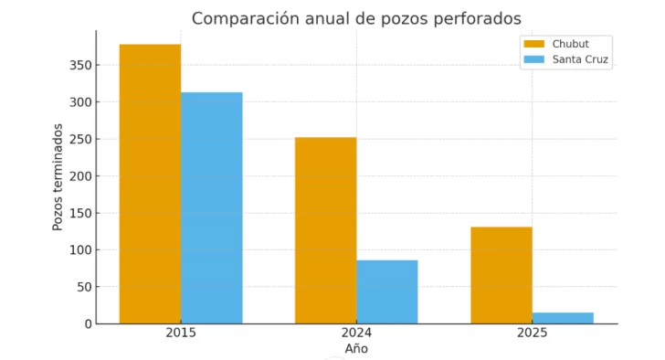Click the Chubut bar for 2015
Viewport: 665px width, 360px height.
click(x=150, y=184)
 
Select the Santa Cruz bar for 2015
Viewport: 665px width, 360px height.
click(x=211, y=208)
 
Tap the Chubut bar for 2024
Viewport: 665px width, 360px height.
click(x=325, y=230)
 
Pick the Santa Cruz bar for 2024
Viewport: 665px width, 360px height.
click(x=386, y=291)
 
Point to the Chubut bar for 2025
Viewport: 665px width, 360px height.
click(x=501, y=275)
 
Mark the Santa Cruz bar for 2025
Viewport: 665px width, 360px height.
click(x=563, y=318)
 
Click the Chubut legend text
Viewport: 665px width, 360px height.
click(x=570, y=43)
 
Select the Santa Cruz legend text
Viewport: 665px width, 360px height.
click(x=580, y=59)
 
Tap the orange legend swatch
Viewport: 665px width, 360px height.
click(x=533, y=43)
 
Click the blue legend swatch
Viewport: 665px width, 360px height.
click(x=533, y=59)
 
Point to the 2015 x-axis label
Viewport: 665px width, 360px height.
click(x=181, y=333)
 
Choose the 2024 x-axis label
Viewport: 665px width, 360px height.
click(x=356, y=333)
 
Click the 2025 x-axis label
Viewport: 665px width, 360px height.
click(x=532, y=333)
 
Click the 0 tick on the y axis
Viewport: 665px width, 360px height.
click(x=87, y=323)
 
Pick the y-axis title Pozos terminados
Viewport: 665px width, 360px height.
click(x=58, y=177)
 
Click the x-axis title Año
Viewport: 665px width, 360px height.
click(x=356, y=349)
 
